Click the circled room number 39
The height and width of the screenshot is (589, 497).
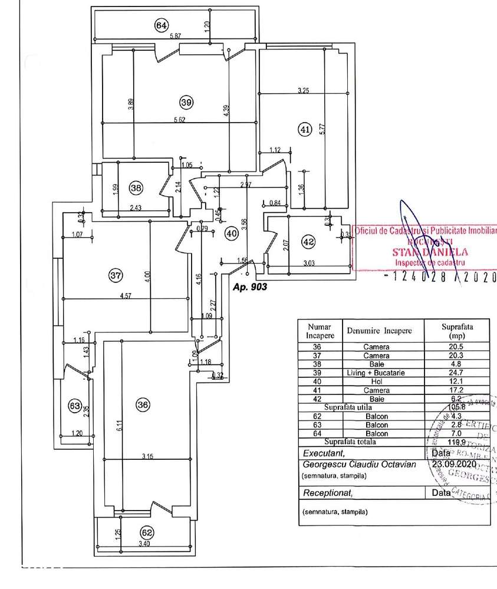[x=186, y=102]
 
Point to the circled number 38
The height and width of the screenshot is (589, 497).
[x=136, y=188]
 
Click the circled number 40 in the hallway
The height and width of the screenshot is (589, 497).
[x=232, y=233]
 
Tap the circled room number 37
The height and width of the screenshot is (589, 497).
[x=116, y=274]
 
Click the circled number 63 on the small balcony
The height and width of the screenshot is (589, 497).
[x=74, y=406]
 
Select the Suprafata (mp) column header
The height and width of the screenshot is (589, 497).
[x=457, y=331]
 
